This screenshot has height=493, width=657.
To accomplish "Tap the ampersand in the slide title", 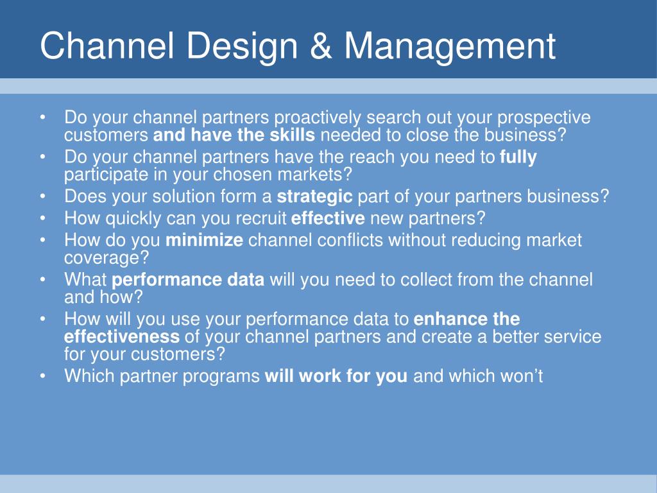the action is click(x=321, y=46).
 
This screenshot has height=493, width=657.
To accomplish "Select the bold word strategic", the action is click(x=314, y=197).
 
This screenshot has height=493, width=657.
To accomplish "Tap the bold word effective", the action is click(x=328, y=218).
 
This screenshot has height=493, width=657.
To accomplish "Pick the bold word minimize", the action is click(x=204, y=240).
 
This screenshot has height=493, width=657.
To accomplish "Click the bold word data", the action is click(x=246, y=280).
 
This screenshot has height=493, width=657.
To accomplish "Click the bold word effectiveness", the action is click(x=122, y=336).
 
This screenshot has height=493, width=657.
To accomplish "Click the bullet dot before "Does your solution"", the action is click(x=43, y=196).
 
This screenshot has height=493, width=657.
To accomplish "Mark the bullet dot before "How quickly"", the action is click(x=43, y=218).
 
